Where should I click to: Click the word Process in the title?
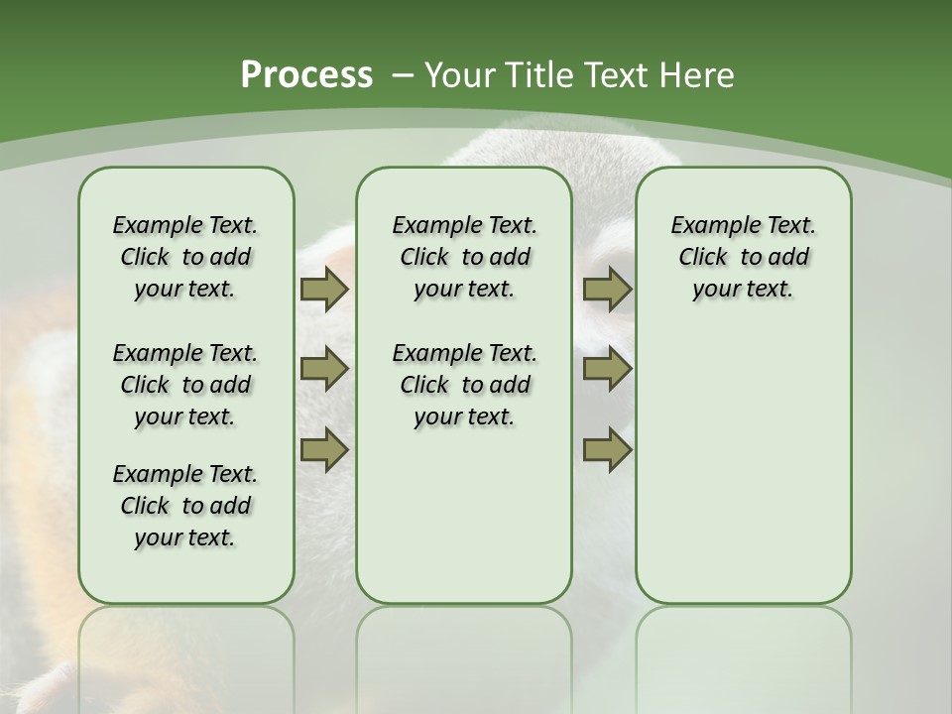(x=306, y=75)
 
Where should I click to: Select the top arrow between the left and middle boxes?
(x=324, y=290)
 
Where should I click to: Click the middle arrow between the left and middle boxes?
(x=324, y=370)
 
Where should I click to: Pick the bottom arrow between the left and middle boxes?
(x=324, y=450)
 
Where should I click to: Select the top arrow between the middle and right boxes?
(x=608, y=290)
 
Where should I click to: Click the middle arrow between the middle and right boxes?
(x=608, y=370)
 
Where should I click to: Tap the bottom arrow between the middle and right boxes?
(x=608, y=450)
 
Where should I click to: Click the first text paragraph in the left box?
(x=185, y=257)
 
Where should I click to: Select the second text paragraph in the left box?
(x=185, y=385)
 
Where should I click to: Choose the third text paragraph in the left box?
(x=185, y=506)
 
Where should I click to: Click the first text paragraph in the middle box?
(x=464, y=257)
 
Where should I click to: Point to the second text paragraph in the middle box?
(x=464, y=385)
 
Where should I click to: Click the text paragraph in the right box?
(x=743, y=257)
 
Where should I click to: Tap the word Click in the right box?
(x=703, y=257)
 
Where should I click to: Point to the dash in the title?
(x=403, y=75)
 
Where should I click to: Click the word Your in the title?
(x=454, y=75)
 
